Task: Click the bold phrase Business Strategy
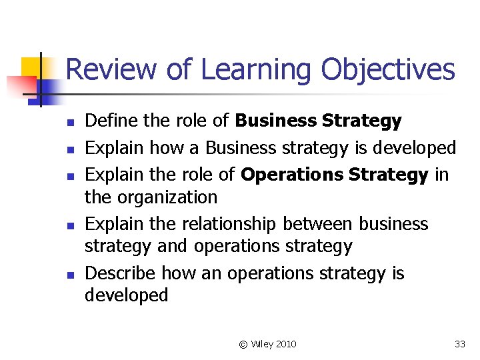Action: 318,121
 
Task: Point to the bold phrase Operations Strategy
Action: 334,175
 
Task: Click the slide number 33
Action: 459,344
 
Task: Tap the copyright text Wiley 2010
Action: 268,344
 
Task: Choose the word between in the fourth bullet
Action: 319,224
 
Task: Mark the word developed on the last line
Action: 127,295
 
